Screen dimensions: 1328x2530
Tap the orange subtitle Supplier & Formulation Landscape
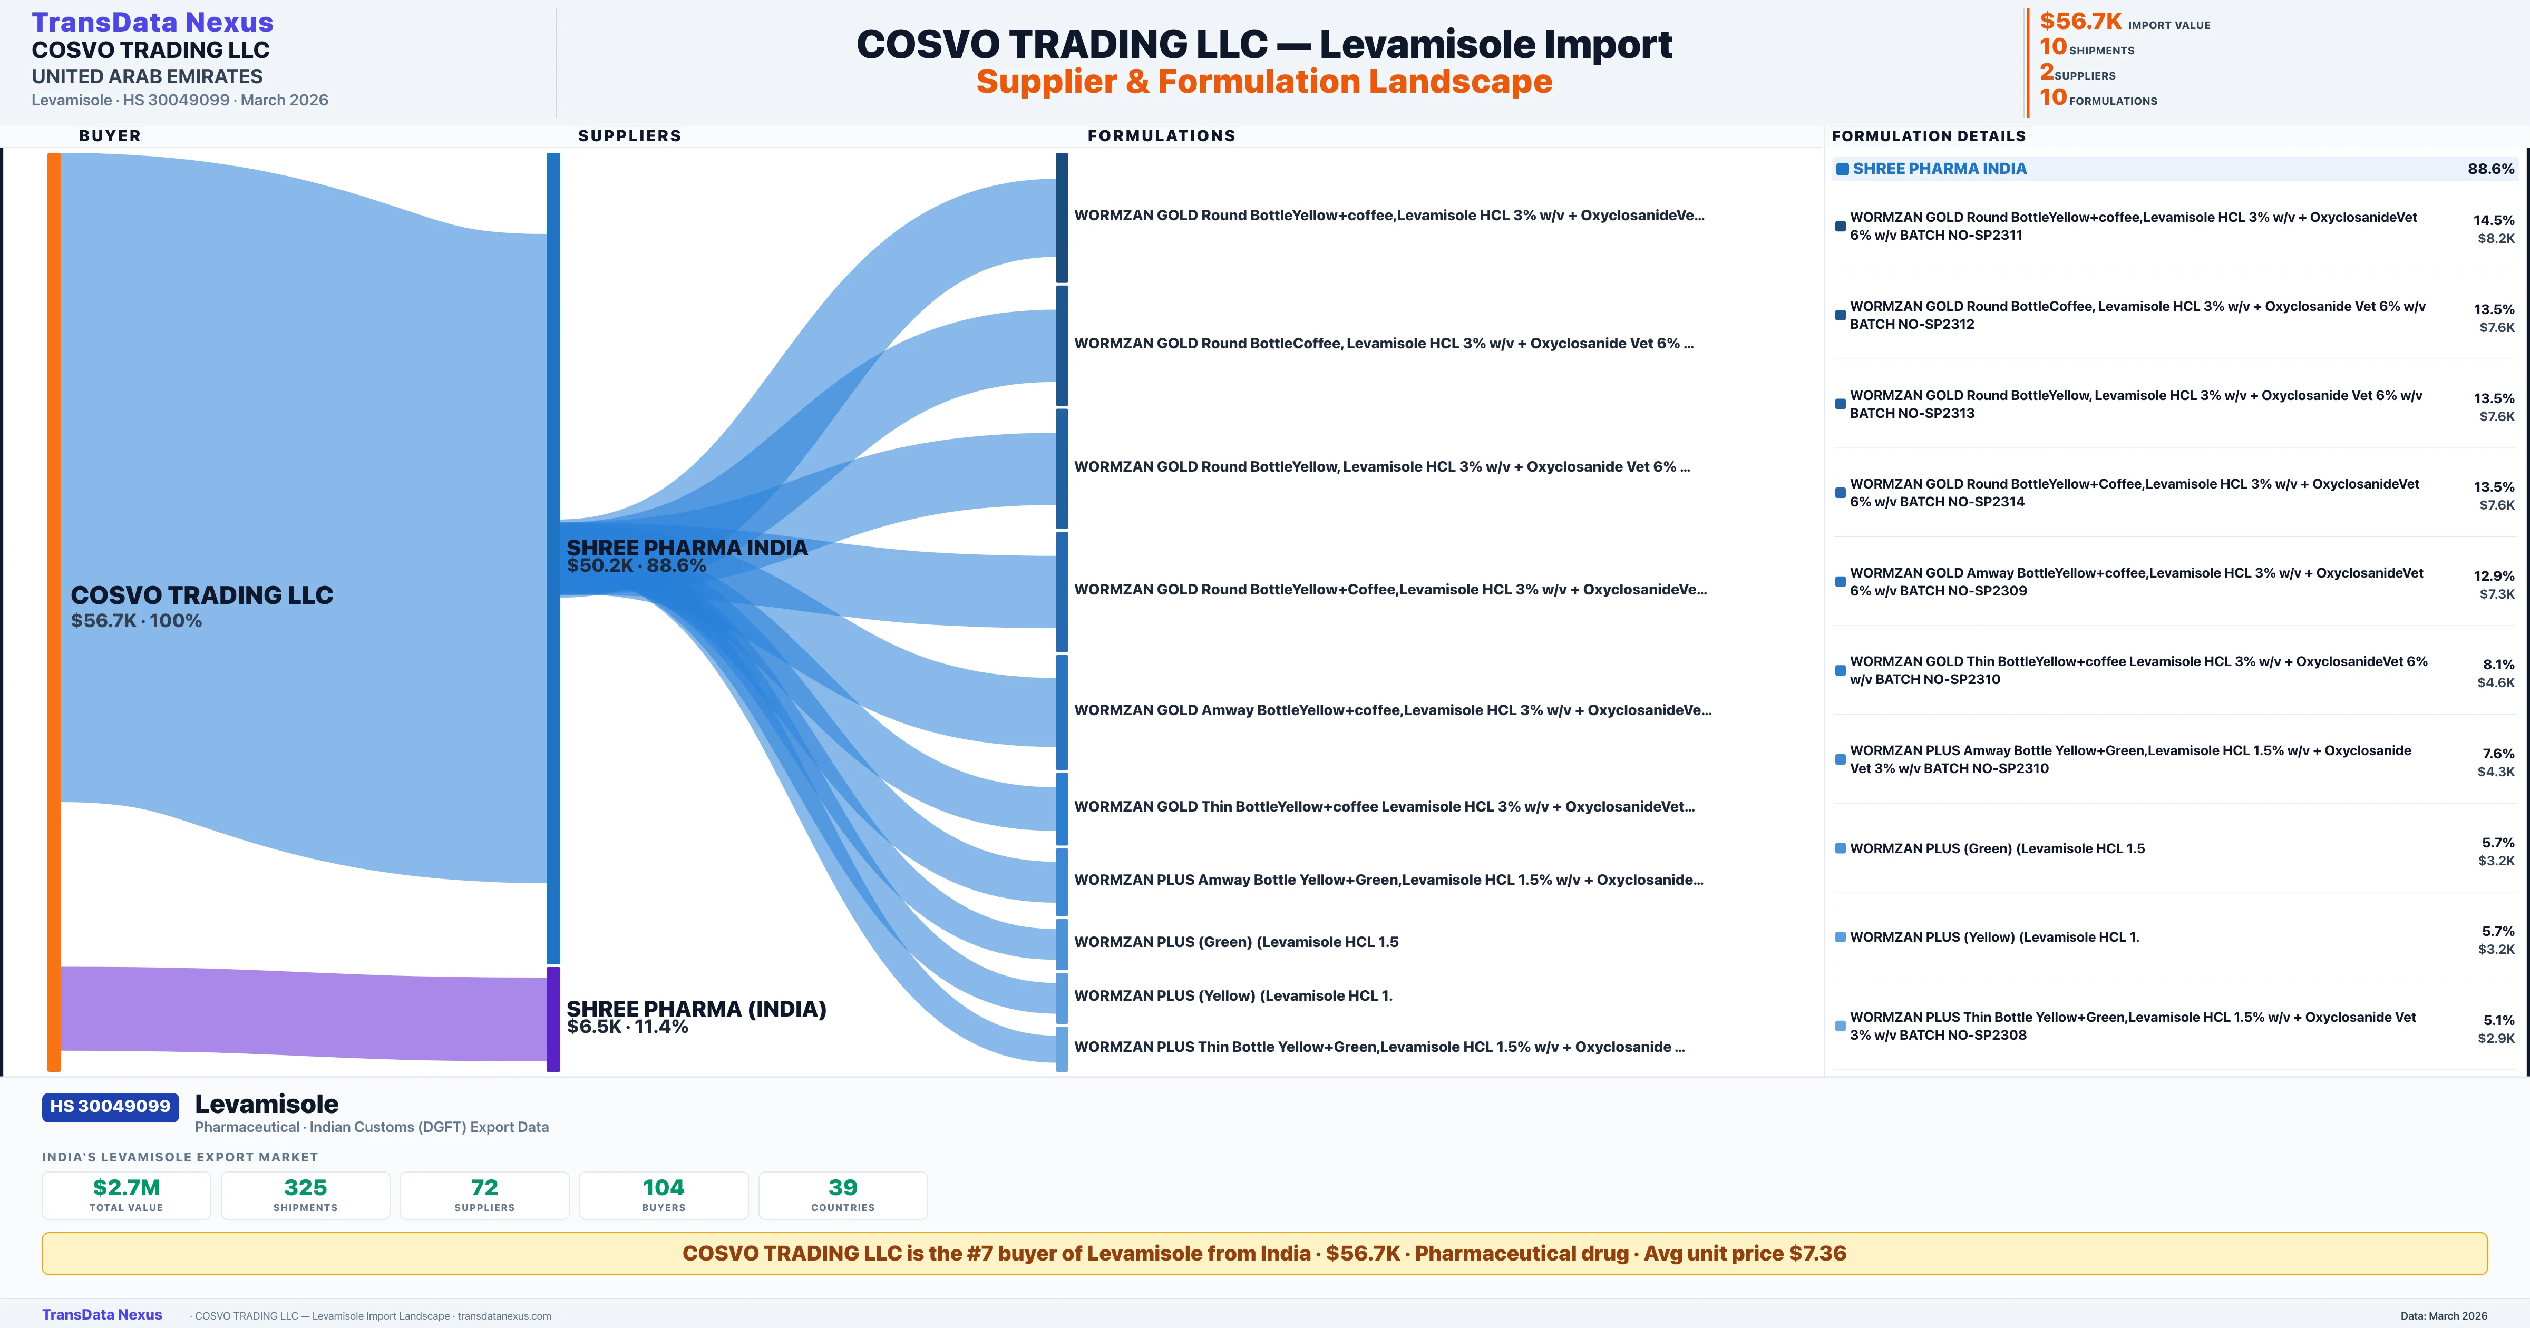(1264, 82)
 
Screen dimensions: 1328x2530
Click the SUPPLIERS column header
(629, 135)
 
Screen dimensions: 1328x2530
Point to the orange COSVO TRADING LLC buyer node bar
(54, 609)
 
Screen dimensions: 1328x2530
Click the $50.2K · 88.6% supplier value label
(636, 566)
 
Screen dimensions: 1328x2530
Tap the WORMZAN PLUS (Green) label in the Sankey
(1235, 942)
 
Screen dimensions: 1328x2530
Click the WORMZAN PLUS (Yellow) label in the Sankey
(1233, 996)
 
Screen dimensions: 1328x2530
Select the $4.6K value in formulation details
(2496, 682)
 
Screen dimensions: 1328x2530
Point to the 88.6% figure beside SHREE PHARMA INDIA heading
(2490, 169)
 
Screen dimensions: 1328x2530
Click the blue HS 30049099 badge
(110, 1107)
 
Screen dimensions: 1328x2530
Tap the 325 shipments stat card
(306, 1195)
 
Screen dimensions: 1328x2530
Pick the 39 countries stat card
(843, 1195)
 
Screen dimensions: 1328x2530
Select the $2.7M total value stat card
(126, 1195)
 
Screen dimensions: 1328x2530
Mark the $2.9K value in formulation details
(2496, 1038)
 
